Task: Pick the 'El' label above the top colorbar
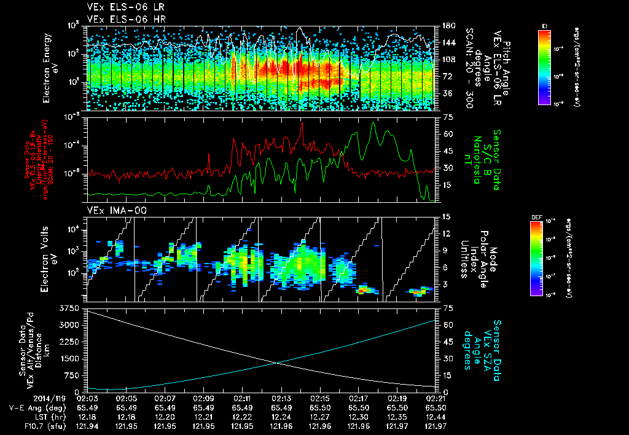pos(544,25)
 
